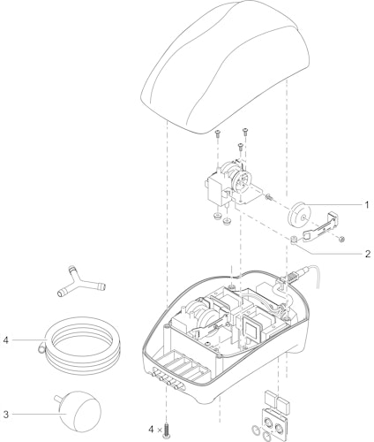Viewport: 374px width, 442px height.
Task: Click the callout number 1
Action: [366, 204]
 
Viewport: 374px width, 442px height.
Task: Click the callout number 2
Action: [368, 254]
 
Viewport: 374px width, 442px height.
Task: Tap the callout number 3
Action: [6, 415]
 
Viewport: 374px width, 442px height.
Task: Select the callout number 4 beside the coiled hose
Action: [6, 340]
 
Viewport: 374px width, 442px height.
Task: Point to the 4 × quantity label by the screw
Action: [155, 430]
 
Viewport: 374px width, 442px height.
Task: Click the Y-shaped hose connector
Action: [81, 281]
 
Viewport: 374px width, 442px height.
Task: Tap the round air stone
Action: [79, 410]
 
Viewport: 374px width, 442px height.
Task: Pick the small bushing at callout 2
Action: [294, 239]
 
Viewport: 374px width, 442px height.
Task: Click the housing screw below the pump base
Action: [168, 431]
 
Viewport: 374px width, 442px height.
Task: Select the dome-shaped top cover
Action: [225, 67]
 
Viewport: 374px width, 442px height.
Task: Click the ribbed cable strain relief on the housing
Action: [295, 276]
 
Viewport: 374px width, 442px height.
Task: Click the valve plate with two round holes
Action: [273, 424]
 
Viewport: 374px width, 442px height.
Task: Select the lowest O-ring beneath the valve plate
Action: [267, 437]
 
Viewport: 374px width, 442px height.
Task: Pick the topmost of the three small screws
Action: [244, 132]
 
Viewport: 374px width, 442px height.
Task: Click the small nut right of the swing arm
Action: [341, 240]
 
